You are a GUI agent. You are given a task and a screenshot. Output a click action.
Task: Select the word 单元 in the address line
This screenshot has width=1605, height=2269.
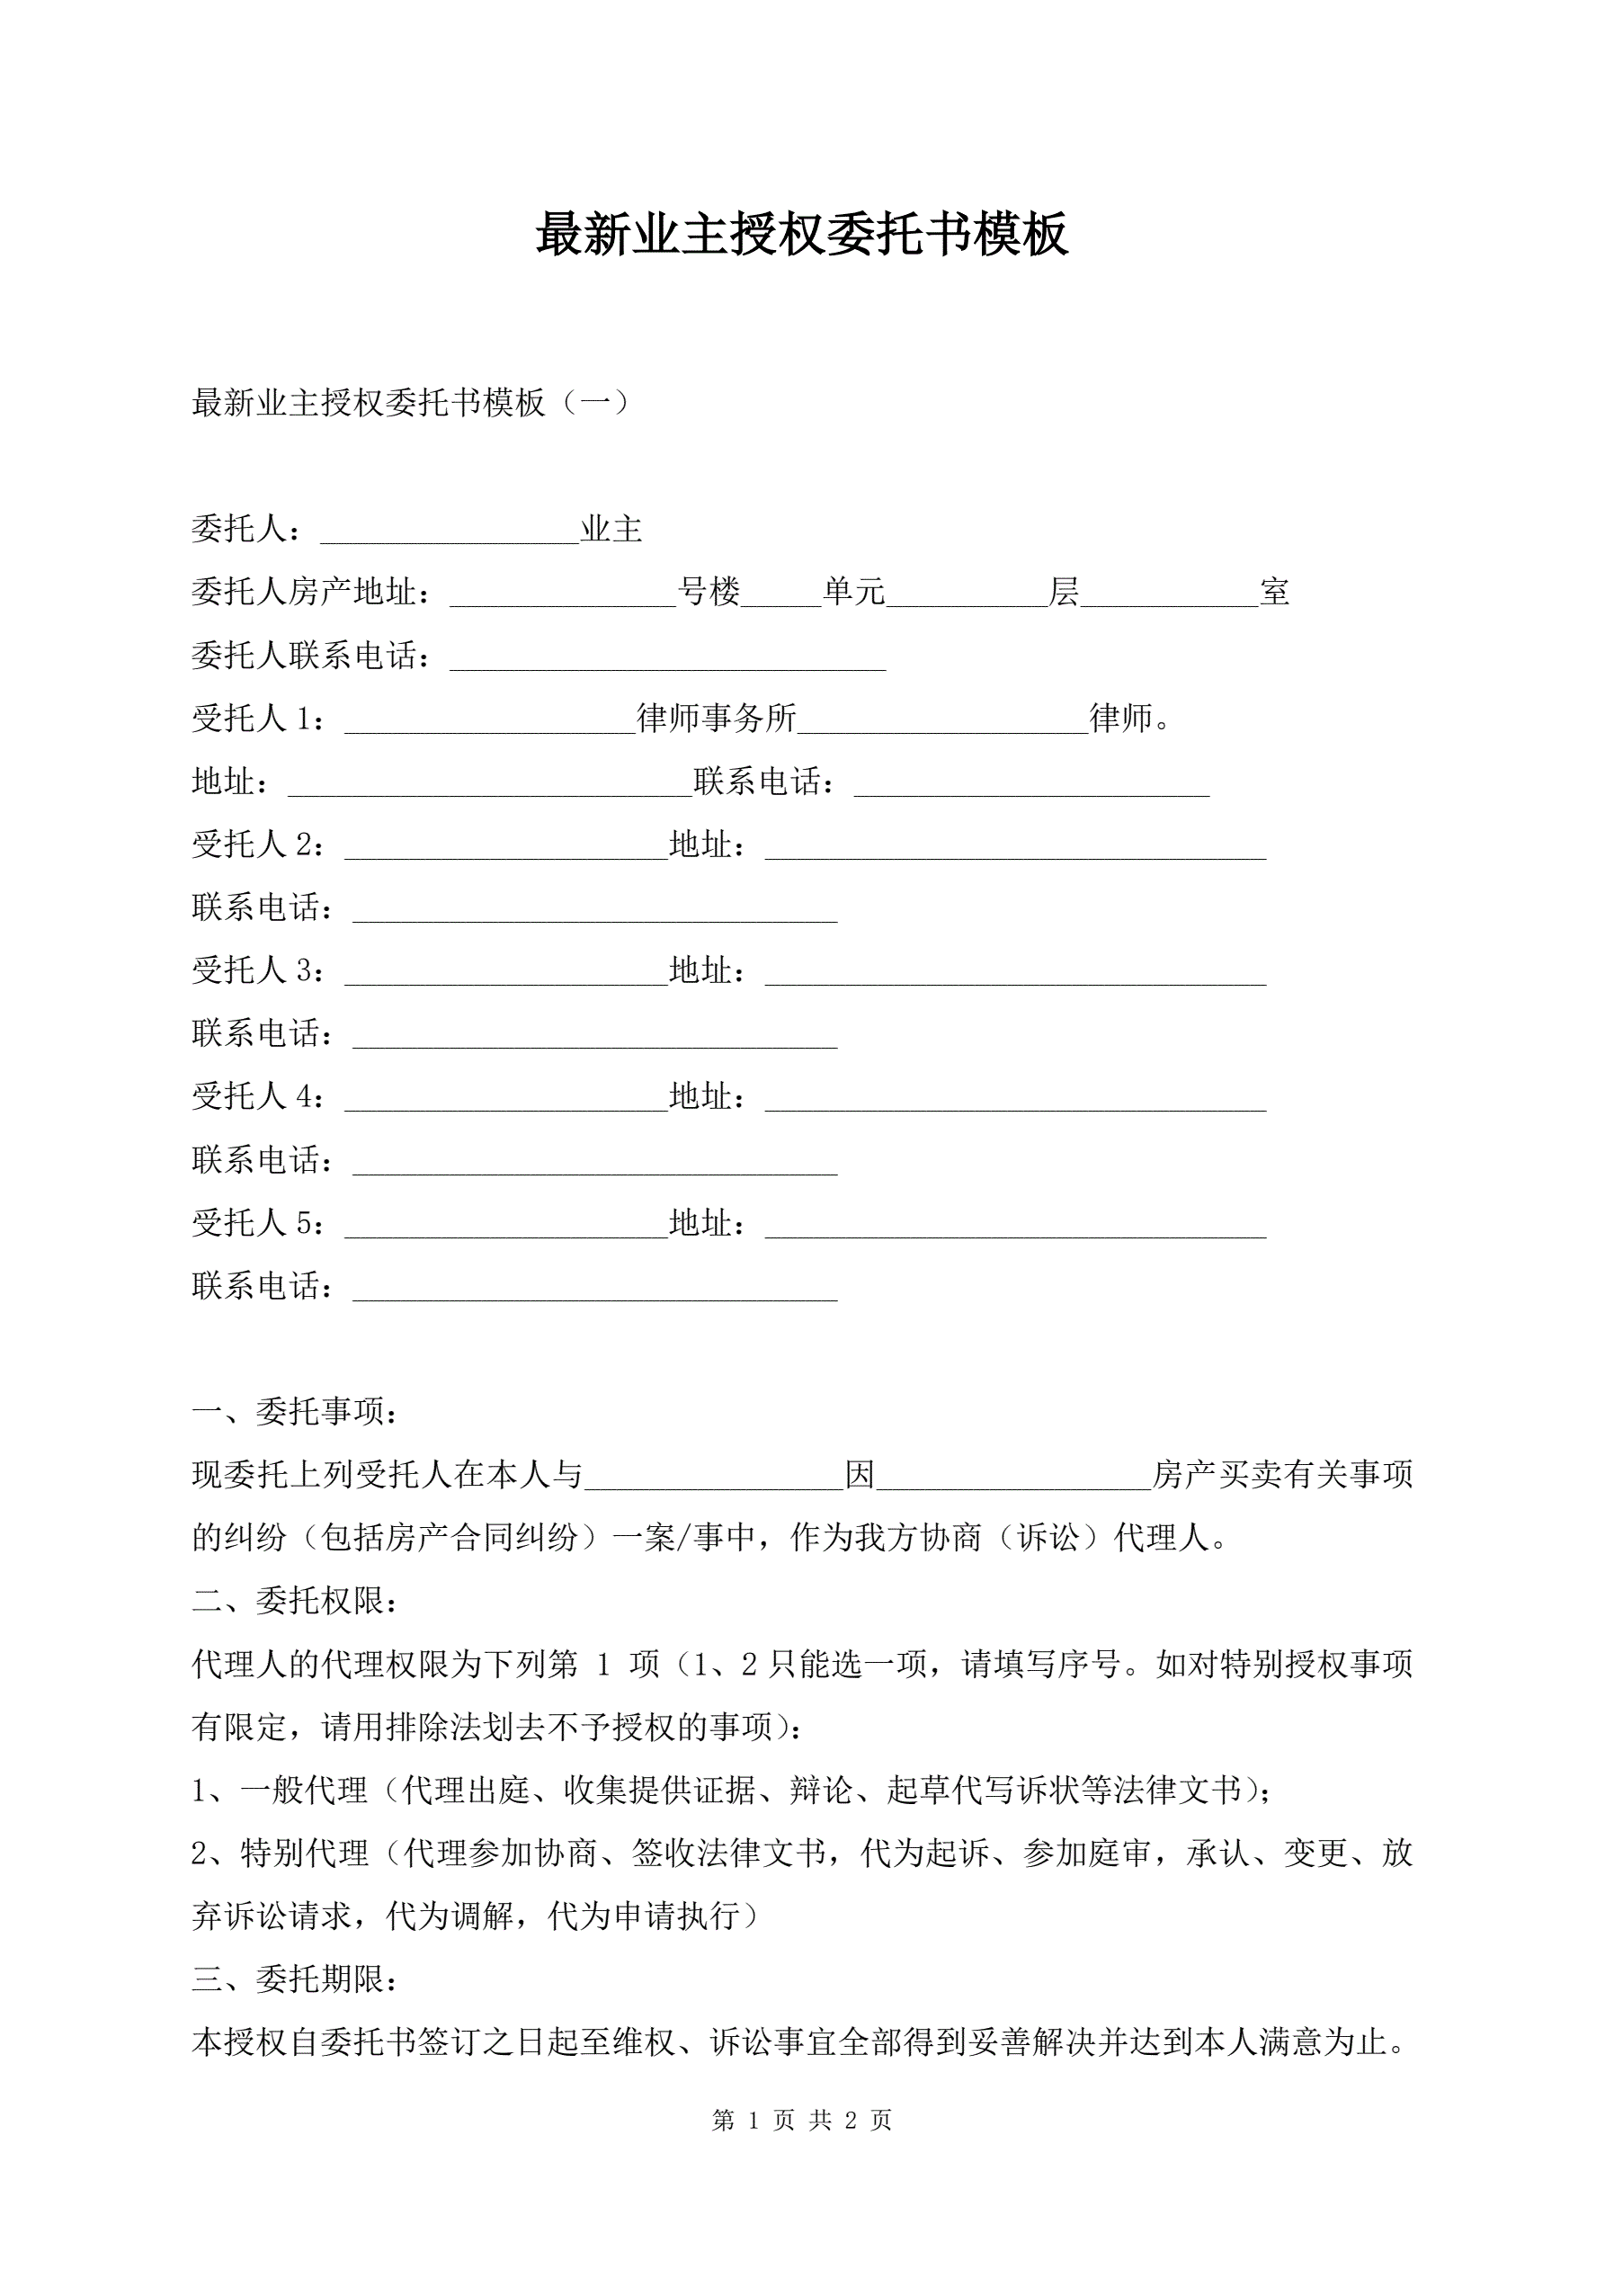click(x=854, y=592)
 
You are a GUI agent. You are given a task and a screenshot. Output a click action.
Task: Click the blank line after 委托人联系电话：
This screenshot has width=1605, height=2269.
click(x=667, y=660)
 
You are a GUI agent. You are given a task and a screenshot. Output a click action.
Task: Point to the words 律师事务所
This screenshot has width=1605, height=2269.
click(x=717, y=719)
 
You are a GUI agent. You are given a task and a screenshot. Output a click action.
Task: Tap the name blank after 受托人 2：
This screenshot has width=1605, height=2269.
click(x=506, y=849)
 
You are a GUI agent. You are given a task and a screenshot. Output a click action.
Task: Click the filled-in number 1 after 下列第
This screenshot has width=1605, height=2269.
click(x=604, y=1666)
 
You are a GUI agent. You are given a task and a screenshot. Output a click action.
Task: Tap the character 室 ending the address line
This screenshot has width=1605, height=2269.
click(x=1274, y=592)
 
